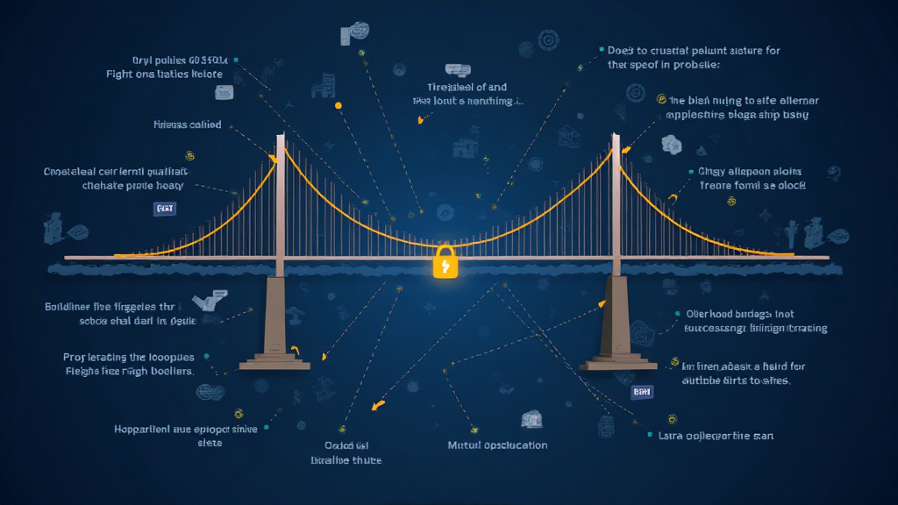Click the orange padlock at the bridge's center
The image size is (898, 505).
[x=445, y=262]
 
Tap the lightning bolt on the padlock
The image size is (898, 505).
[x=445, y=266]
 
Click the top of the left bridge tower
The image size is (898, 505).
[x=281, y=139]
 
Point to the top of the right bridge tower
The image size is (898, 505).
[x=616, y=138]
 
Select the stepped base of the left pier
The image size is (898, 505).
[x=274, y=359]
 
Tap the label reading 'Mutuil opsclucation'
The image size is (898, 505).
[x=497, y=445]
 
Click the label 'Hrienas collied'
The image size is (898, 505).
[x=187, y=124]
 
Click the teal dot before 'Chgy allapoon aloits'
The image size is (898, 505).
[x=688, y=172]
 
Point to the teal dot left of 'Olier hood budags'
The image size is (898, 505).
[x=677, y=313]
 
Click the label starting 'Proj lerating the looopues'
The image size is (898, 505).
[x=129, y=364]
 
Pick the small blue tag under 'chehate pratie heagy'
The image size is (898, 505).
[x=164, y=209]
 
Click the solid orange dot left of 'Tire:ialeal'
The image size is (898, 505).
[x=339, y=106]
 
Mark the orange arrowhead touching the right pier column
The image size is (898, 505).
[x=602, y=302]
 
